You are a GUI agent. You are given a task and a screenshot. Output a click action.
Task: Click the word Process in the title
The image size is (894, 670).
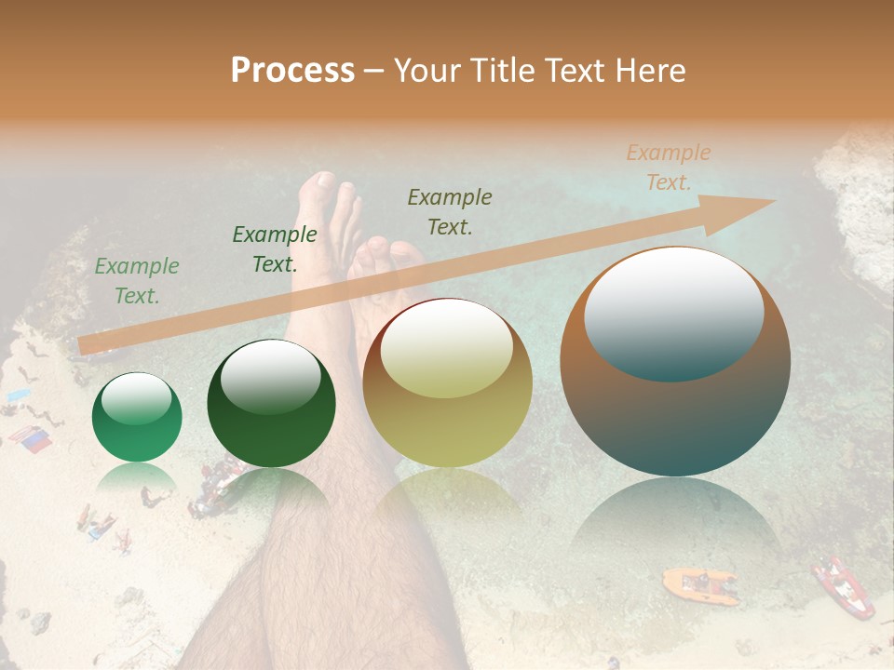(x=292, y=70)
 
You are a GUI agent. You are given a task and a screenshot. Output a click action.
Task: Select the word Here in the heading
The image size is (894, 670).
(x=652, y=70)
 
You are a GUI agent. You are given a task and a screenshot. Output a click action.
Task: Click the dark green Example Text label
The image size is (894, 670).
(x=274, y=249)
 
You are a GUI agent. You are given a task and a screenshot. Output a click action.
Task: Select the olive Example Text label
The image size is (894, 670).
(x=450, y=211)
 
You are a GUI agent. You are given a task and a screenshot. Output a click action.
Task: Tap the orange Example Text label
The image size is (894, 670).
(x=668, y=167)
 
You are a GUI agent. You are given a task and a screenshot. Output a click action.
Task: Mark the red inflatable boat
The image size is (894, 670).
(x=843, y=587)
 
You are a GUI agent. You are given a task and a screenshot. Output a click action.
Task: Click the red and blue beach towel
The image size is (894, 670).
(x=31, y=438)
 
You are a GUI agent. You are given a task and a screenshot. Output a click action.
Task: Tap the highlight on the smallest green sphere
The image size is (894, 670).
(x=136, y=397)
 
